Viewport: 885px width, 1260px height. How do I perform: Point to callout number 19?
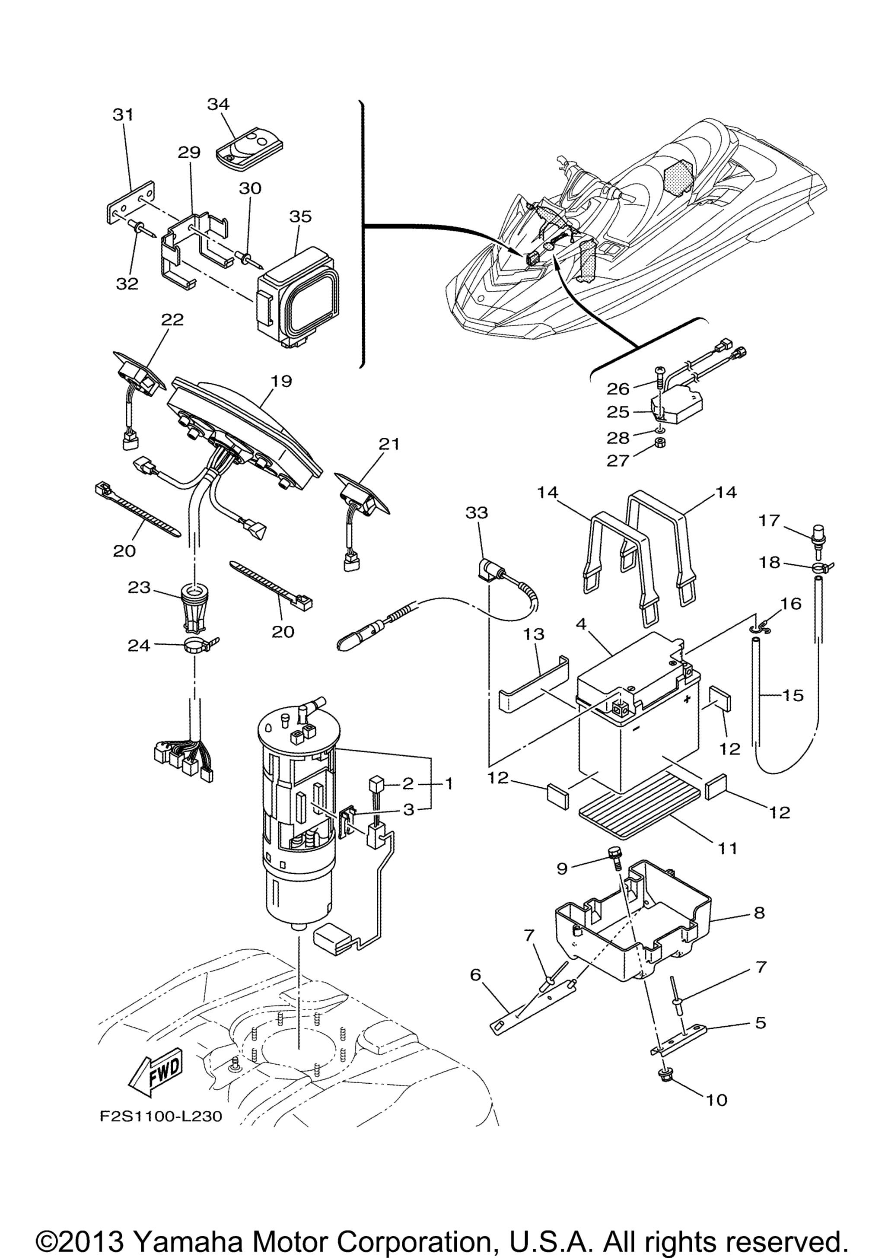pyautogui.click(x=281, y=381)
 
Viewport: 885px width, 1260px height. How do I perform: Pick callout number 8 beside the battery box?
pyautogui.click(x=759, y=913)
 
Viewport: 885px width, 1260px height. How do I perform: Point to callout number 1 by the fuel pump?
pyautogui.click(x=448, y=784)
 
